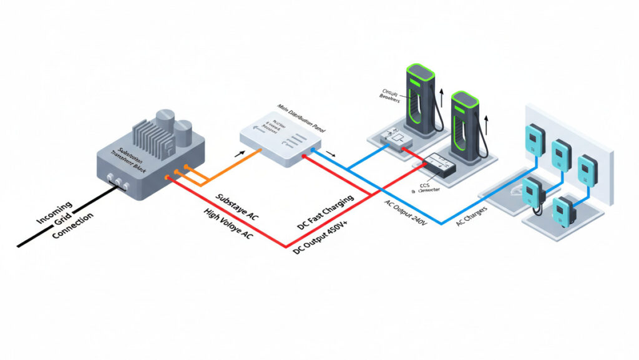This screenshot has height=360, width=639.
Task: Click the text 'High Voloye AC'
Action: click(x=228, y=223)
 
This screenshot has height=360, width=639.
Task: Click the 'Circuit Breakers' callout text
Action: click(x=390, y=95)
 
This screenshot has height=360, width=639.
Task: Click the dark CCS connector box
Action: click(x=440, y=166)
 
